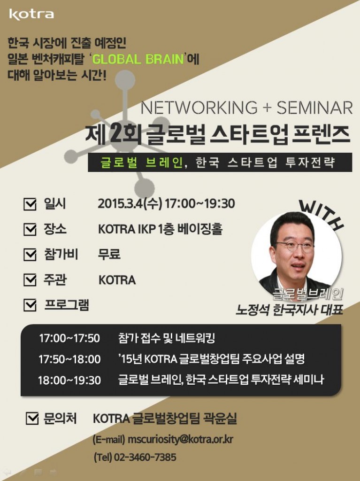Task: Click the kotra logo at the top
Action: tap(31, 15)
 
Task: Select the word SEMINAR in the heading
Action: tap(314, 108)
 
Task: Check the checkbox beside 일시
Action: tap(30, 205)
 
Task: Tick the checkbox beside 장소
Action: tap(30, 230)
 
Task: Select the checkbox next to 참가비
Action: tap(30, 255)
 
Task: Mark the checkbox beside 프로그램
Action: tap(30, 306)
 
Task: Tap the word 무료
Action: tap(109, 255)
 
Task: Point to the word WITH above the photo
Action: tap(322, 214)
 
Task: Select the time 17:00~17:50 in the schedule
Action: tap(69, 338)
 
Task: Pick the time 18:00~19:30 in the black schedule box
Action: tap(69, 380)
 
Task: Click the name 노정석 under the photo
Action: tap(253, 310)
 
